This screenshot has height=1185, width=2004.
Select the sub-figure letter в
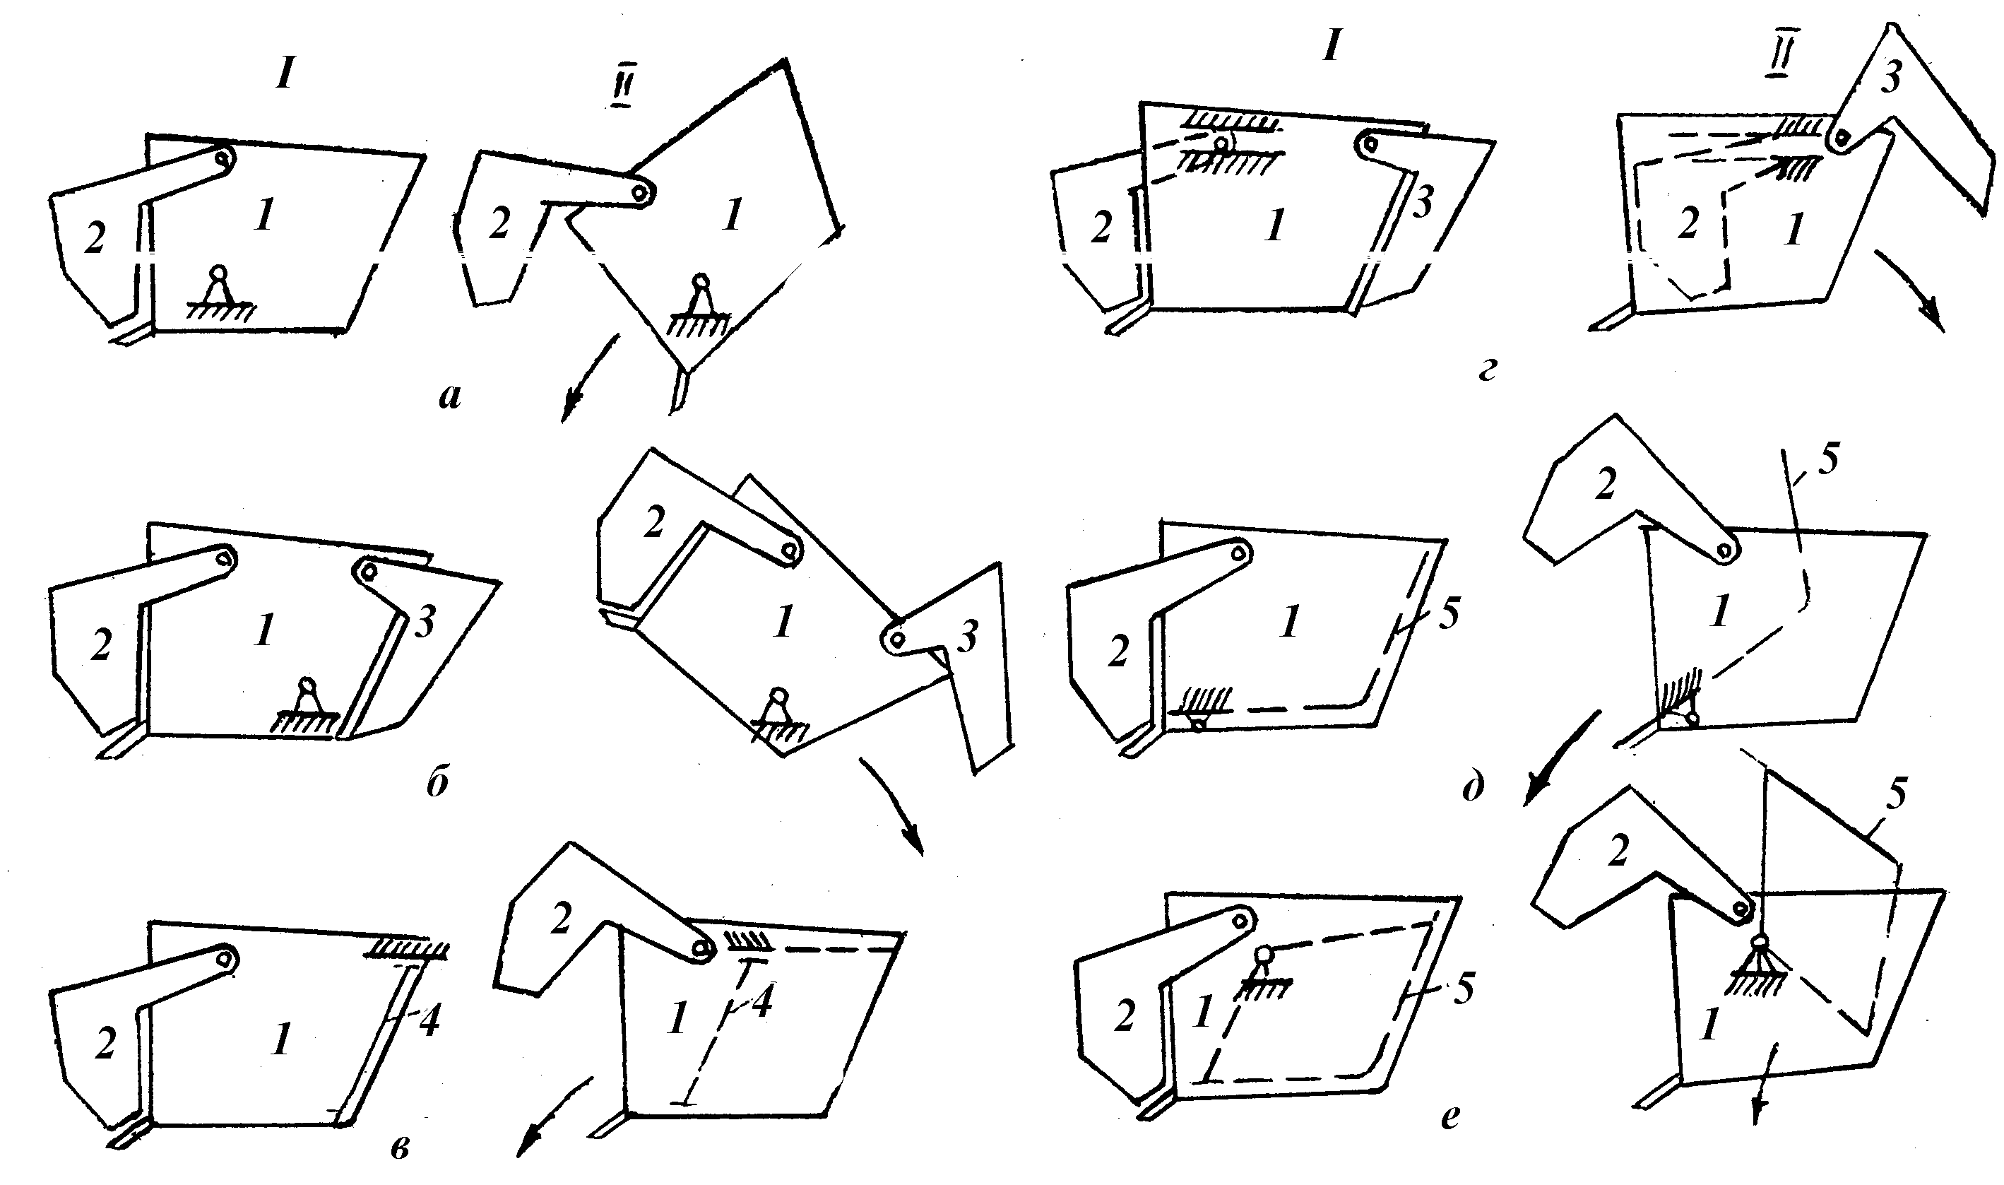point(401,1148)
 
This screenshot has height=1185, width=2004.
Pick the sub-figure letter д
point(1474,786)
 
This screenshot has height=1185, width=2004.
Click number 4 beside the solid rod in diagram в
point(429,1020)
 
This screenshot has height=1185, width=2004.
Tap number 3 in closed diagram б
point(425,621)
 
